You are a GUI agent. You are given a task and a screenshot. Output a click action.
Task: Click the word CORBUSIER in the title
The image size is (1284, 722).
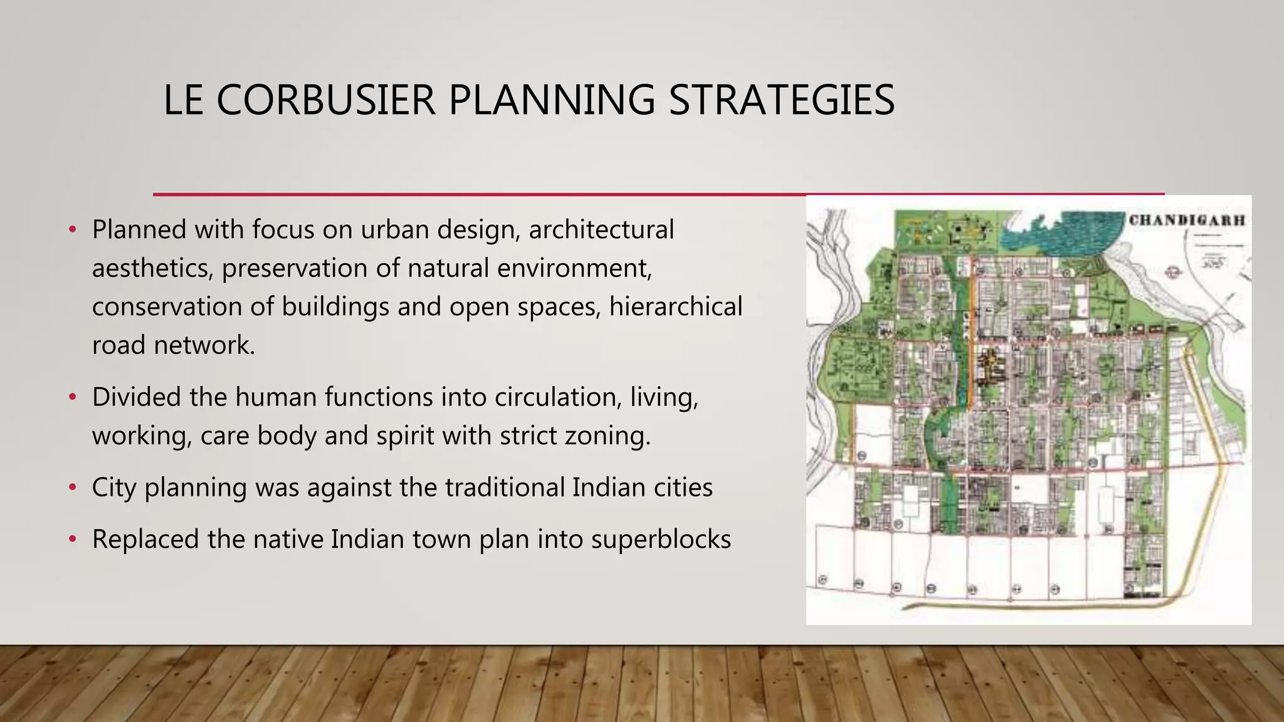325,100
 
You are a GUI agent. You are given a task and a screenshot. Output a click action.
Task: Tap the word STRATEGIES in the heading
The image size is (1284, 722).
781,100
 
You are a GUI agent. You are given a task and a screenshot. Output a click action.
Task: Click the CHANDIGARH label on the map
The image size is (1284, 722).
1187,221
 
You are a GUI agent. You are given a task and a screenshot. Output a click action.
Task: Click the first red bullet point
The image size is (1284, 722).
73,229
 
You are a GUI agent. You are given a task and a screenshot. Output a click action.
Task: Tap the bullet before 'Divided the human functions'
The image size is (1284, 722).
73,397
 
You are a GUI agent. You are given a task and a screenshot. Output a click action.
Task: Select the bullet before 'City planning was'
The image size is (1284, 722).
73,487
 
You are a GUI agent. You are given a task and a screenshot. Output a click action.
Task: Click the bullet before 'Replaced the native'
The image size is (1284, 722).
73,539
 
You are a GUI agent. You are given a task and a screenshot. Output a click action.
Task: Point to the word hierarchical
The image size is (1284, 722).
675,307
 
